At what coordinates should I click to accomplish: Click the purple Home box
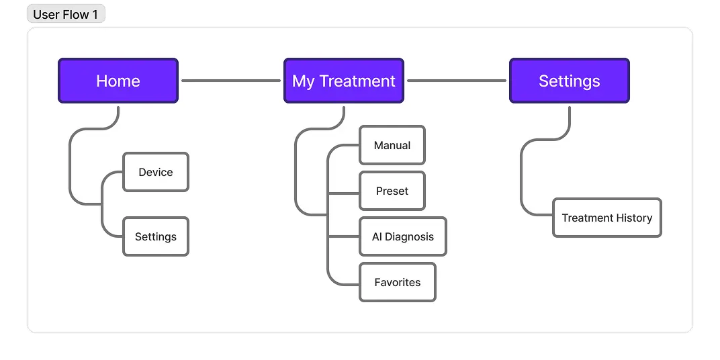pos(118,81)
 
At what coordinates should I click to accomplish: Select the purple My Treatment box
pos(344,81)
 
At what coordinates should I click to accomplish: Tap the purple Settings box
pos(570,81)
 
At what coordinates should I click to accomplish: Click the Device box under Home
pos(156,172)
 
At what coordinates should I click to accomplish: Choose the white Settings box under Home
pos(156,236)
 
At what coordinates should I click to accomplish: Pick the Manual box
pos(392,145)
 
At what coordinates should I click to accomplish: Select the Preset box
pos(392,191)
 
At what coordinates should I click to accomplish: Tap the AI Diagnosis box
pos(403,236)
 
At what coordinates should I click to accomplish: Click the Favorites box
pos(398,282)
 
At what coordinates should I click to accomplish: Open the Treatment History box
pos(607,218)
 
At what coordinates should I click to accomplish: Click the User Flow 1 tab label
pos(66,14)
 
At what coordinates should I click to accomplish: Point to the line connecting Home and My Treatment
pos(231,81)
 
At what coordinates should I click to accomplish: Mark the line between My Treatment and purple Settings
pos(457,81)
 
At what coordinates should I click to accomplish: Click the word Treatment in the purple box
pos(357,81)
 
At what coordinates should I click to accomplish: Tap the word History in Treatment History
pos(634,218)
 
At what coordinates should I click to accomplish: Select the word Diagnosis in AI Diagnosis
pos(409,237)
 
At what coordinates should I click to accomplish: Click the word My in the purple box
pos(303,82)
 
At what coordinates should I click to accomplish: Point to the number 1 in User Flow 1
pos(95,15)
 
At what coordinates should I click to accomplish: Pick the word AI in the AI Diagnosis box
pos(377,237)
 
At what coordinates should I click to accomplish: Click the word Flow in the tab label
pos(76,15)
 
